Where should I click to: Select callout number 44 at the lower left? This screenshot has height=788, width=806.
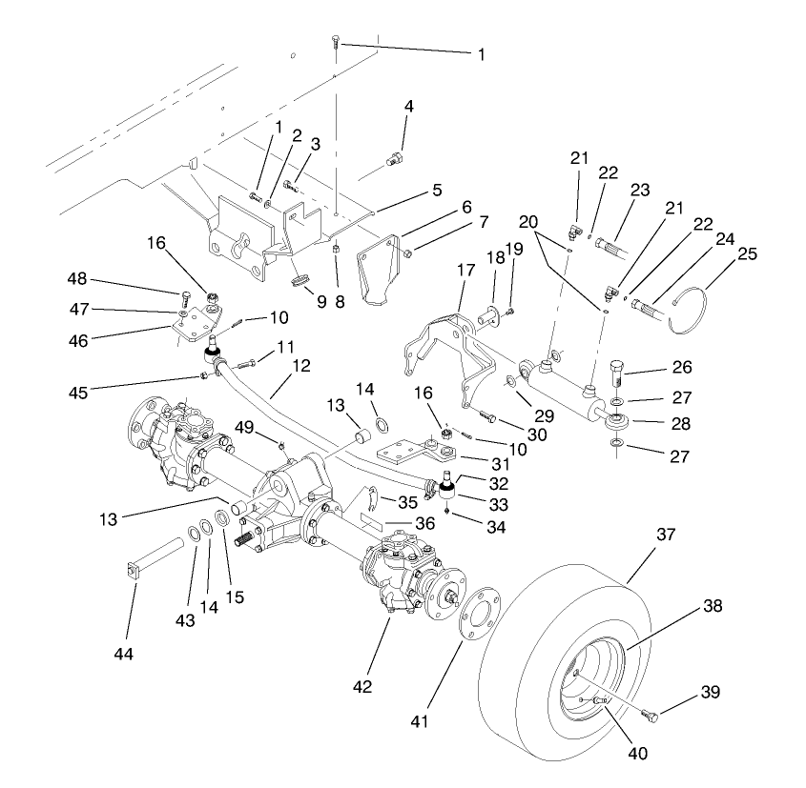tap(124, 654)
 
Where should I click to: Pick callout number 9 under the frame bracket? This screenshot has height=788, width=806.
tap(321, 302)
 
